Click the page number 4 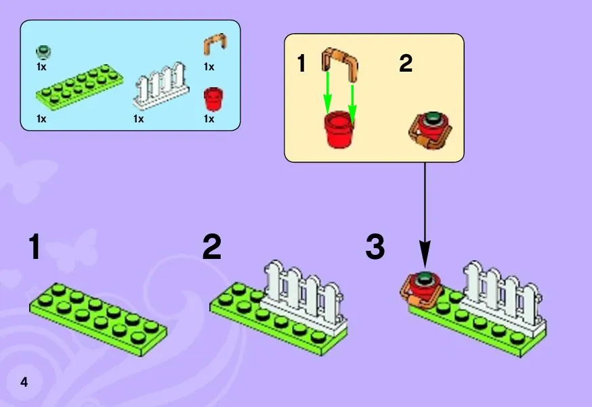pyautogui.click(x=24, y=382)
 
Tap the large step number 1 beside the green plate pyautogui.click(x=35, y=247)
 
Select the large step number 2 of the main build pyautogui.click(x=211, y=247)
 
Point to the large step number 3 pyautogui.click(x=375, y=247)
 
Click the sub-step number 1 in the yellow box pyautogui.click(x=302, y=65)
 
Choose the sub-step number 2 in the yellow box pyautogui.click(x=405, y=65)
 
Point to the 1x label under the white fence pyautogui.click(x=139, y=119)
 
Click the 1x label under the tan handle pyautogui.click(x=209, y=67)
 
